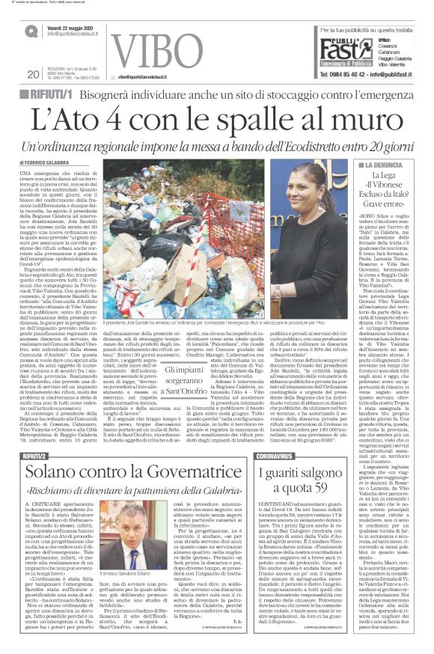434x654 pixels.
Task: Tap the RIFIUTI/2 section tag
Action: pos(41,434)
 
